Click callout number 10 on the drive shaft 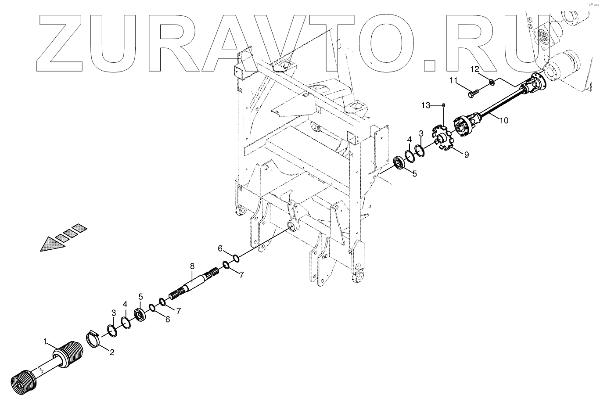click(x=503, y=120)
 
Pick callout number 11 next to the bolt click(x=453, y=80)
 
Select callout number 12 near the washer click(x=475, y=69)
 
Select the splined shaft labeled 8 click(x=193, y=286)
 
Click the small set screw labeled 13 click(x=444, y=104)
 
